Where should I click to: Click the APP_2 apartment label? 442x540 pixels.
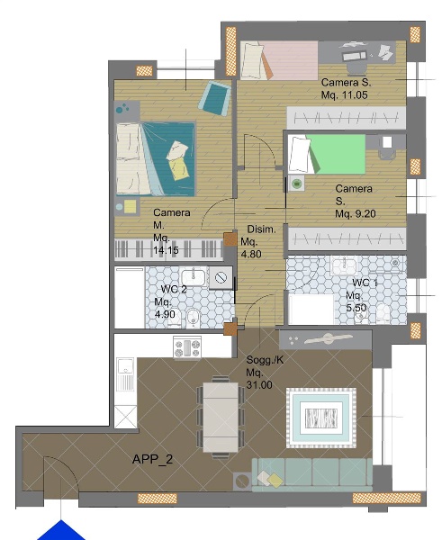(x=152, y=459)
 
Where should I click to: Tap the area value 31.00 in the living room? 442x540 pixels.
(x=259, y=384)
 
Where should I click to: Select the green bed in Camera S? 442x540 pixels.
(x=327, y=154)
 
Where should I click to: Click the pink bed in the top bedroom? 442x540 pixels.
(x=279, y=60)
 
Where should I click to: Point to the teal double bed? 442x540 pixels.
(x=156, y=159)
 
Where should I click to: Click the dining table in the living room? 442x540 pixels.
(x=221, y=417)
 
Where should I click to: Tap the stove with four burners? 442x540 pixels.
(x=187, y=347)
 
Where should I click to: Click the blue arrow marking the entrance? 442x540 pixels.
(x=61, y=531)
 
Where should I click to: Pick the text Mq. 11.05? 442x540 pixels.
(x=345, y=94)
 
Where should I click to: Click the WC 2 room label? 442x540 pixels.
(x=174, y=289)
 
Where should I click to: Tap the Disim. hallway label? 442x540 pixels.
(x=261, y=229)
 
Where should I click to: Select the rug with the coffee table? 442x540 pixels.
(x=321, y=418)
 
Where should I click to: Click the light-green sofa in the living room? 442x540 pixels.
(x=311, y=474)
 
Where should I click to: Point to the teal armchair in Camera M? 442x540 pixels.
(x=214, y=98)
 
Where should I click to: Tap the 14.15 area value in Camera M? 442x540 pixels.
(x=166, y=250)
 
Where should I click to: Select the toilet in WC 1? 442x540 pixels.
(x=383, y=314)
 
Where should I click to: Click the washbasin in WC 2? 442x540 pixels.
(x=194, y=277)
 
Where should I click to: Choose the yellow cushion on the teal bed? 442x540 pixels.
(x=179, y=168)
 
